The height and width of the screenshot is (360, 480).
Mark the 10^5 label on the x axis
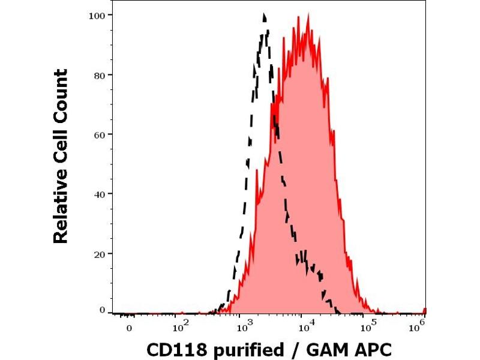pyautogui.click(x=367, y=328)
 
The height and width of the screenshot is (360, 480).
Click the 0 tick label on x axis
pyautogui.click(x=129, y=329)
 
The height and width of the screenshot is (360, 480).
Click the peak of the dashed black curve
pyautogui.click(x=264, y=14)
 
